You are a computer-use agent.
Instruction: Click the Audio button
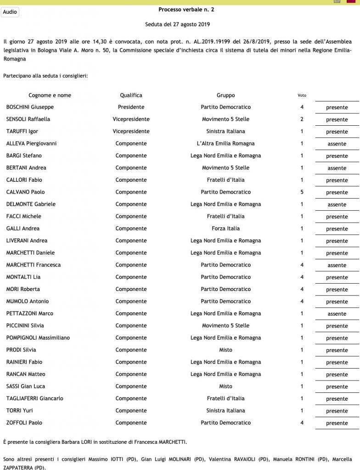click(10, 12)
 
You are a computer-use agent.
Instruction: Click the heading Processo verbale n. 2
click(186, 9)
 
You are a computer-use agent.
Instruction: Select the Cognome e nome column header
click(50, 95)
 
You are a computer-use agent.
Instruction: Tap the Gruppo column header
click(225, 95)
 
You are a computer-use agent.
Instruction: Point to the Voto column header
click(302, 95)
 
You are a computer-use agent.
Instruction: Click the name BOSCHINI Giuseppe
click(30, 107)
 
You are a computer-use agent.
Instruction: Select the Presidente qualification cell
click(131, 107)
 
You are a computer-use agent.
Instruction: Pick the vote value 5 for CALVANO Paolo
click(302, 192)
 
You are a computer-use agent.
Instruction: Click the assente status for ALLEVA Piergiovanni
click(337, 144)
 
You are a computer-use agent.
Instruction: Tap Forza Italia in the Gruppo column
click(225, 228)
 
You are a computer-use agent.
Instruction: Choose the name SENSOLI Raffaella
click(28, 119)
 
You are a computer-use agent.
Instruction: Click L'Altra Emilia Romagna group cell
click(225, 143)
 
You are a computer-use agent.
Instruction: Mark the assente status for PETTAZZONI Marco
click(337, 314)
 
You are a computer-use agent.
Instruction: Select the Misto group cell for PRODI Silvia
click(225, 350)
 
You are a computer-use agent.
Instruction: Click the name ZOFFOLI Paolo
click(24, 423)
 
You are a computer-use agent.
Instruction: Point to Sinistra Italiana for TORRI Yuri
click(225, 410)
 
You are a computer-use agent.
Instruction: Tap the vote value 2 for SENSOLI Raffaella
click(302, 119)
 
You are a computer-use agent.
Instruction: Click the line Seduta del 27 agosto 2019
click(177, 24)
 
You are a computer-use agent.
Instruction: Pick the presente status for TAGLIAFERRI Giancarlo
click(337, 399)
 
